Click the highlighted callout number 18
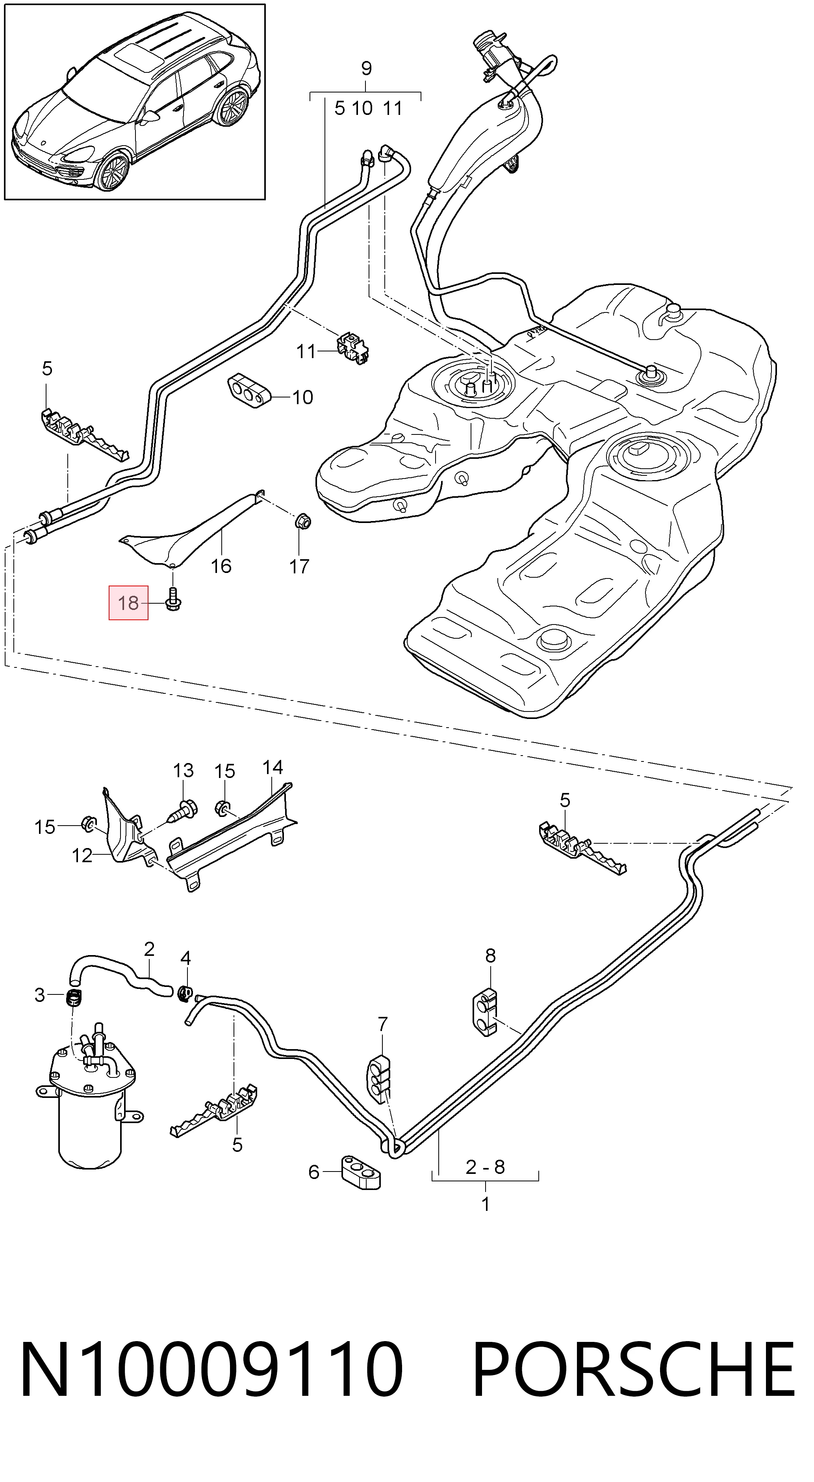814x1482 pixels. (128, 602)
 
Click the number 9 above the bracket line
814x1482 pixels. (366, 68)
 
